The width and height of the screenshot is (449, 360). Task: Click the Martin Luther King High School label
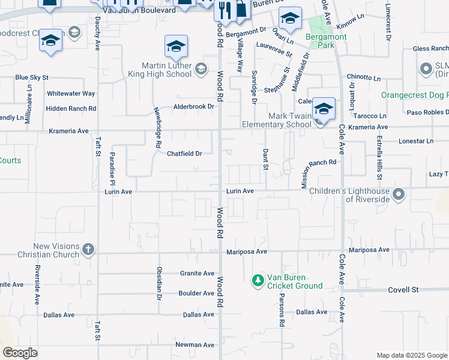158,70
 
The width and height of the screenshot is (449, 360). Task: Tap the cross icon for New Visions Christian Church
88,250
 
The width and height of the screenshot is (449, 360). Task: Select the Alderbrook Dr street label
194,106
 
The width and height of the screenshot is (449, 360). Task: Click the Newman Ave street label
194,345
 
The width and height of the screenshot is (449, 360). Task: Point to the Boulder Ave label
196,293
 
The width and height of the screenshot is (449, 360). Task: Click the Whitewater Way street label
71,94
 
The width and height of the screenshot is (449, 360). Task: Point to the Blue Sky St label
32,77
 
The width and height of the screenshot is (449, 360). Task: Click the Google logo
20,353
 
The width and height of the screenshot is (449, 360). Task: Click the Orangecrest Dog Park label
415,95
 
